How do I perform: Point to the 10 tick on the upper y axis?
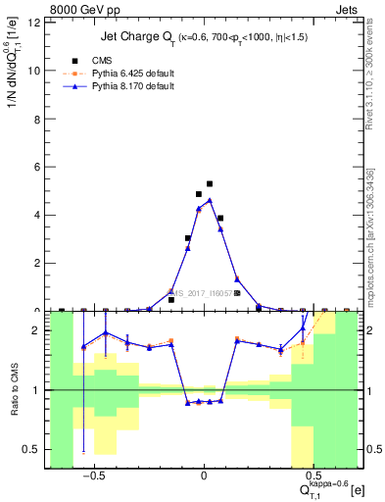coord(35,71)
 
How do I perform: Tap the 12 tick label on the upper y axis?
coord(35,23)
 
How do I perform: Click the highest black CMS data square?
coord(210,183)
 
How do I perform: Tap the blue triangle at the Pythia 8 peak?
coord(210,200)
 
